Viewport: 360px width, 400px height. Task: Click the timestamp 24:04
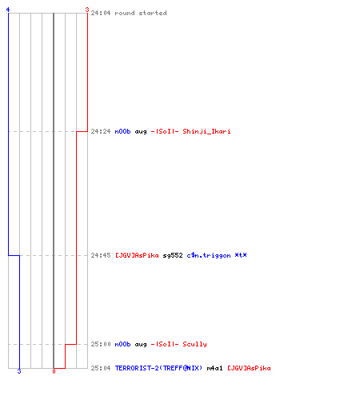click(101, 13)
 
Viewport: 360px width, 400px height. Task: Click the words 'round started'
click(141, 13)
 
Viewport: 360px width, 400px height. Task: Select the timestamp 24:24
click(101, 131)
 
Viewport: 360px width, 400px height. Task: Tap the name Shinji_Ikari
click(206, 131)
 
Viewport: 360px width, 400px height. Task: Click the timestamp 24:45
click(101, 255)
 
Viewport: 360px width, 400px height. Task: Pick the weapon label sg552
click(173, 255)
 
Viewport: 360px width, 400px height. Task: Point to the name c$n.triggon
click(209, 255)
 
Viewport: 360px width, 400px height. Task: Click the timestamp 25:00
click(101, 344)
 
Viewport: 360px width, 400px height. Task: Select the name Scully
click(194, 344)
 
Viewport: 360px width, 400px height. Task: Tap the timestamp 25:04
click(101, 368)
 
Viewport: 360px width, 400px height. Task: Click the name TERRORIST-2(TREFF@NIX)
click(158, 368)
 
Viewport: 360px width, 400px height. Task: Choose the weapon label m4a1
click(214, 368)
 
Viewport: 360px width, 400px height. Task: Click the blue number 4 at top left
click(8, 10)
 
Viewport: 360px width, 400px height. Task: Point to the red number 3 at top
click(87, 10)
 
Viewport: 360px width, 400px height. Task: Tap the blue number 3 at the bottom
click(19, 371)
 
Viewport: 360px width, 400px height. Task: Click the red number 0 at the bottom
click(54, 371)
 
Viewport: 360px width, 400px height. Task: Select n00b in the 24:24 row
click(122, 131)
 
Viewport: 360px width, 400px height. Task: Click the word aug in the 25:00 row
click(141, 345)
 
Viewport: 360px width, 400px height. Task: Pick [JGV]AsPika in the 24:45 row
click(137, 255)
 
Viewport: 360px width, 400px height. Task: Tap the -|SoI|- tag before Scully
click(165, 344)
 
